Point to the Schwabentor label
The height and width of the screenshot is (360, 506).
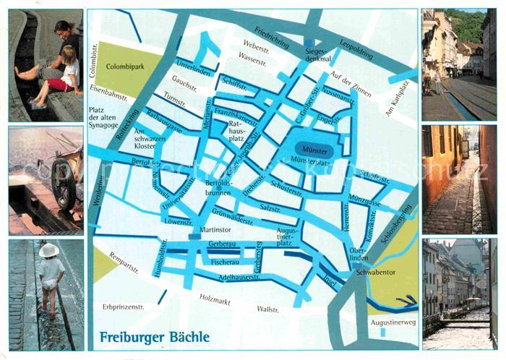tap(376, 273)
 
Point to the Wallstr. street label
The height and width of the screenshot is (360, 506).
tap(267, 309)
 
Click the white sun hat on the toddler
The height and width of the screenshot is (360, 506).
tap(49, 250)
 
